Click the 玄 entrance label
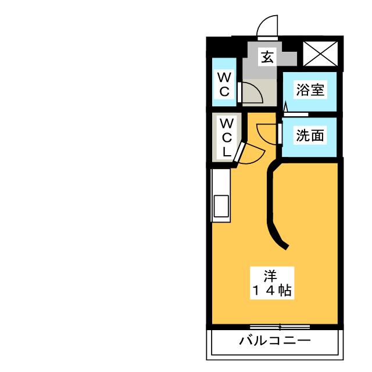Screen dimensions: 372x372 point(267,57)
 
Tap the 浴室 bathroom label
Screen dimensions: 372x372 point(310,90)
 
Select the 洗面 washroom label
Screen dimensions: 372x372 point(310,136)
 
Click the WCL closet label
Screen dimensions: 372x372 point(227,137)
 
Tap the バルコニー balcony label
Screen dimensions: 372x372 point(275,341)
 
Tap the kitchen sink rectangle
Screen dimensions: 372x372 point(221,206)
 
